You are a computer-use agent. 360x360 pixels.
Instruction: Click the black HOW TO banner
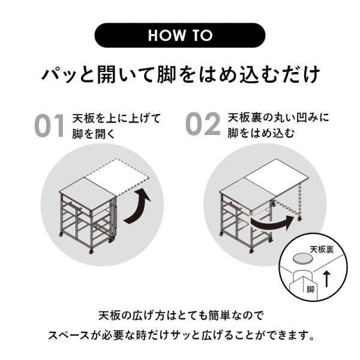tap(180, 35)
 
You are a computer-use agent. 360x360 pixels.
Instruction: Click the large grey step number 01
tap(49, 125)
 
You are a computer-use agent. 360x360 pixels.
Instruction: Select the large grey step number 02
tap(203, 124)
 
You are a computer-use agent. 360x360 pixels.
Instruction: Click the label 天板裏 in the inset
tap(322, 250)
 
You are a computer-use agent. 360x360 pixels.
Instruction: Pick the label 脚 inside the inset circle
tap(310, 289)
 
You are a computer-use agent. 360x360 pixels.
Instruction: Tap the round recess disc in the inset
tap(302, 258)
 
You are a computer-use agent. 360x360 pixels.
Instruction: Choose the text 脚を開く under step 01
tap(94, 134)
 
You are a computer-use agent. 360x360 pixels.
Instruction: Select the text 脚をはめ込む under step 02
tap(261, 133)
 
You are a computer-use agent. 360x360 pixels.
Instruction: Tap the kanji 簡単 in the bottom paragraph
tap(219, 316)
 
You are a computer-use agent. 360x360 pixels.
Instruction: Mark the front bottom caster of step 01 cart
tap(92, 251)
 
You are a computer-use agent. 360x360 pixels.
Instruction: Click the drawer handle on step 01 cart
tap(73, 205)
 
